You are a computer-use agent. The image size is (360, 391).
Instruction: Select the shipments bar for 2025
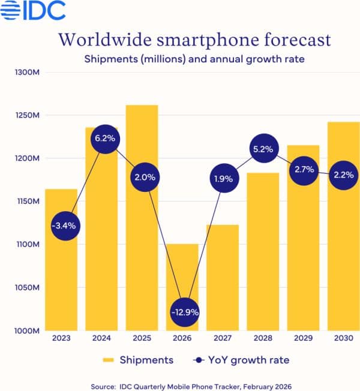[x=142, y=252]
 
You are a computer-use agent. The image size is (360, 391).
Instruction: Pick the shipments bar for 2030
[x=343, y=252]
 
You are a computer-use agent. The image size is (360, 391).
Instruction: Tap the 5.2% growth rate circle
[x=263, y=149]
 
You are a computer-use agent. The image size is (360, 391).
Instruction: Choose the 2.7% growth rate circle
[x=303, y=170]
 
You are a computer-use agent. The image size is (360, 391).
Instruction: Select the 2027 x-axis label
[x=222, y=339]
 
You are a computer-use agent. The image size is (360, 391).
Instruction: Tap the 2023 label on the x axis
[x=61, y=339]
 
